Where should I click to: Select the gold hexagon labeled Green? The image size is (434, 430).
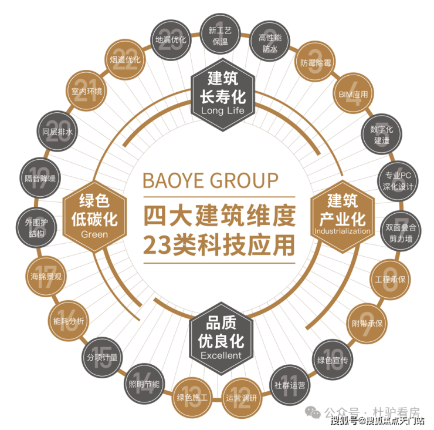pos(94,213)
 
